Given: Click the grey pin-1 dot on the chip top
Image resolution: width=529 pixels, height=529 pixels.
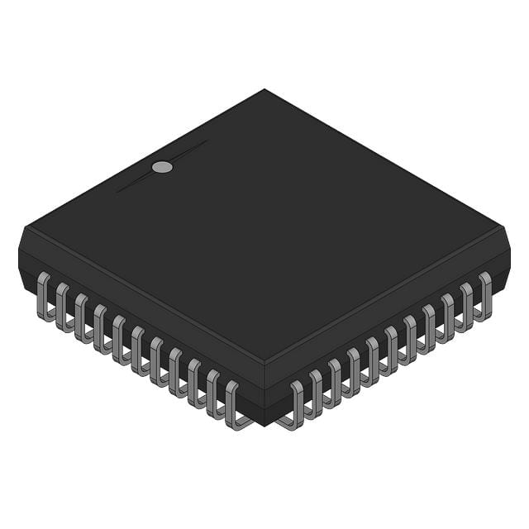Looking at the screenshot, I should (163, 167).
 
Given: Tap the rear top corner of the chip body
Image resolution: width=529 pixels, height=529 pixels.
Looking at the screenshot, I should (264, 90).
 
